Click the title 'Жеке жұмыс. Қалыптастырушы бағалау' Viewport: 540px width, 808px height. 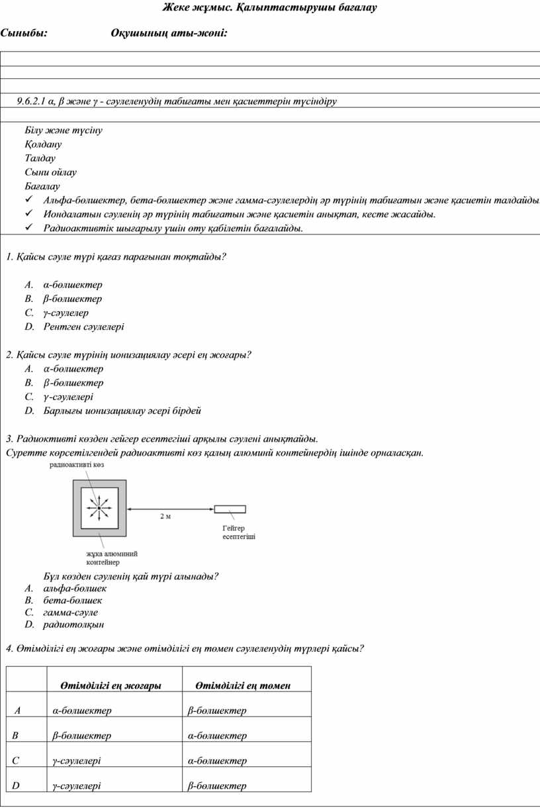[x=269, y=8]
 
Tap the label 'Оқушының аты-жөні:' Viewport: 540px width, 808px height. [x=169, y=33]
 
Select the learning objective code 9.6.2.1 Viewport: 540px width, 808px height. [x=32, y=101]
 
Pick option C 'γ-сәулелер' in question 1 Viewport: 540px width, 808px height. [x=66, y=313]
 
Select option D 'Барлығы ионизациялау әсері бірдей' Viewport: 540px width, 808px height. [x=122, y=411]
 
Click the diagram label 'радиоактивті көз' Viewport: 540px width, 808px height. [x=77, y=466]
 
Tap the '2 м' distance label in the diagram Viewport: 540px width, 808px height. [x=165, y=516]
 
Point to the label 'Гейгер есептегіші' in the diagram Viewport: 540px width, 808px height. [x=239, y=532]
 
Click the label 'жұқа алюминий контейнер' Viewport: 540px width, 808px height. [x=112, y=558]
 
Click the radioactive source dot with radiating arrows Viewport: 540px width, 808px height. [x=98, y=508]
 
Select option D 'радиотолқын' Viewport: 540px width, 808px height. [x=73, y=624]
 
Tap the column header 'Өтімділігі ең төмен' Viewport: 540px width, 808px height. [x=243, y=686]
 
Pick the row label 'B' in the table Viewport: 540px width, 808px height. [x=15, y=736]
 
